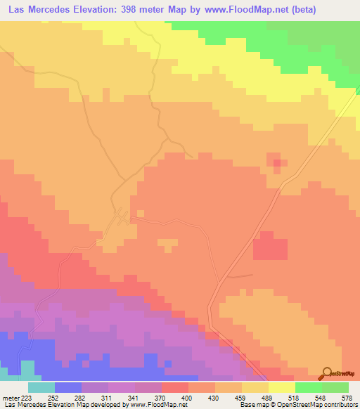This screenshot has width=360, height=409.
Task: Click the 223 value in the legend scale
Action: tap(27, 397)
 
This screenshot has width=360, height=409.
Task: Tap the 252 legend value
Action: tap(54, 397)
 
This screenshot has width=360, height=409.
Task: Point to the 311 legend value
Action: tap(108, 397)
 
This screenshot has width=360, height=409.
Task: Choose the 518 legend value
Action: tap(295, 397)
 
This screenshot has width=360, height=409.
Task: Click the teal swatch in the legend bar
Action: tap(41, 387)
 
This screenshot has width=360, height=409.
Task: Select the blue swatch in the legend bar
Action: tap(67, 387)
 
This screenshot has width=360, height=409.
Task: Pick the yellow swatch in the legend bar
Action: tap(281, 387)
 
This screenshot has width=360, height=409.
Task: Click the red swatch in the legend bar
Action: tap(174, 387)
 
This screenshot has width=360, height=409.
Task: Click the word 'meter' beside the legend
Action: tap(10, 397)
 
